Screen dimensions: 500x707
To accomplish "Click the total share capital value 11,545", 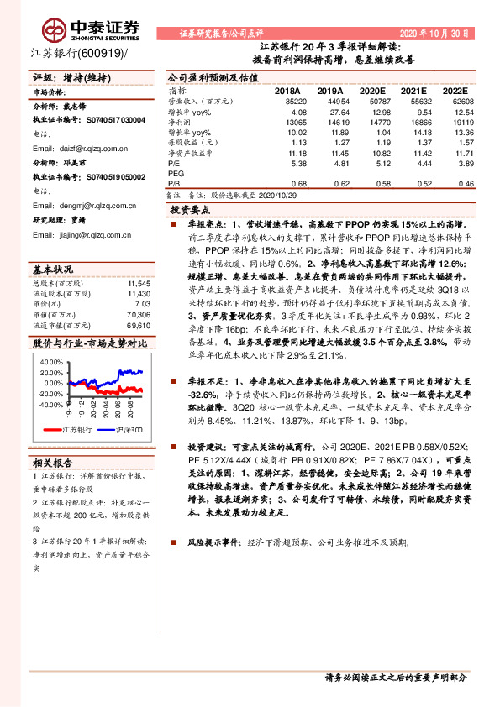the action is [x=138, y=285].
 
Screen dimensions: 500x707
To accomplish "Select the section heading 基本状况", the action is [x=53, y=270].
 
